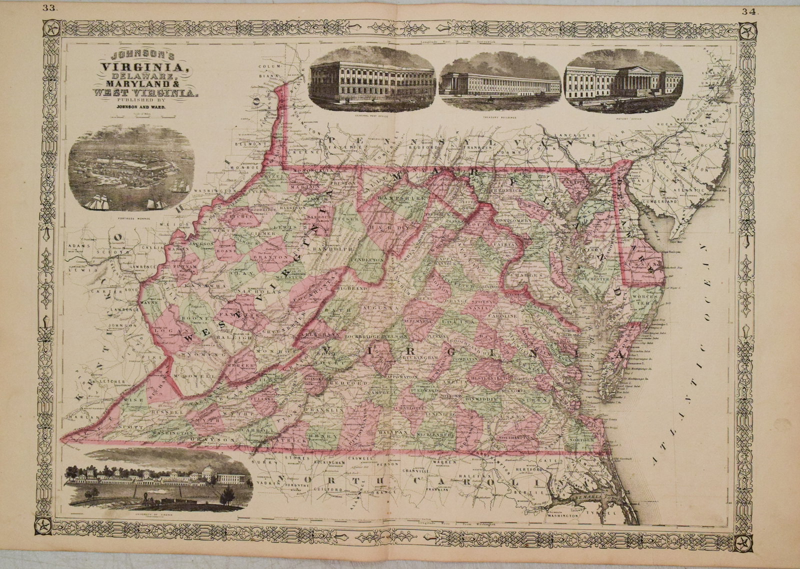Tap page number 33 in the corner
pyautogui.click(x=49, y=7)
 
